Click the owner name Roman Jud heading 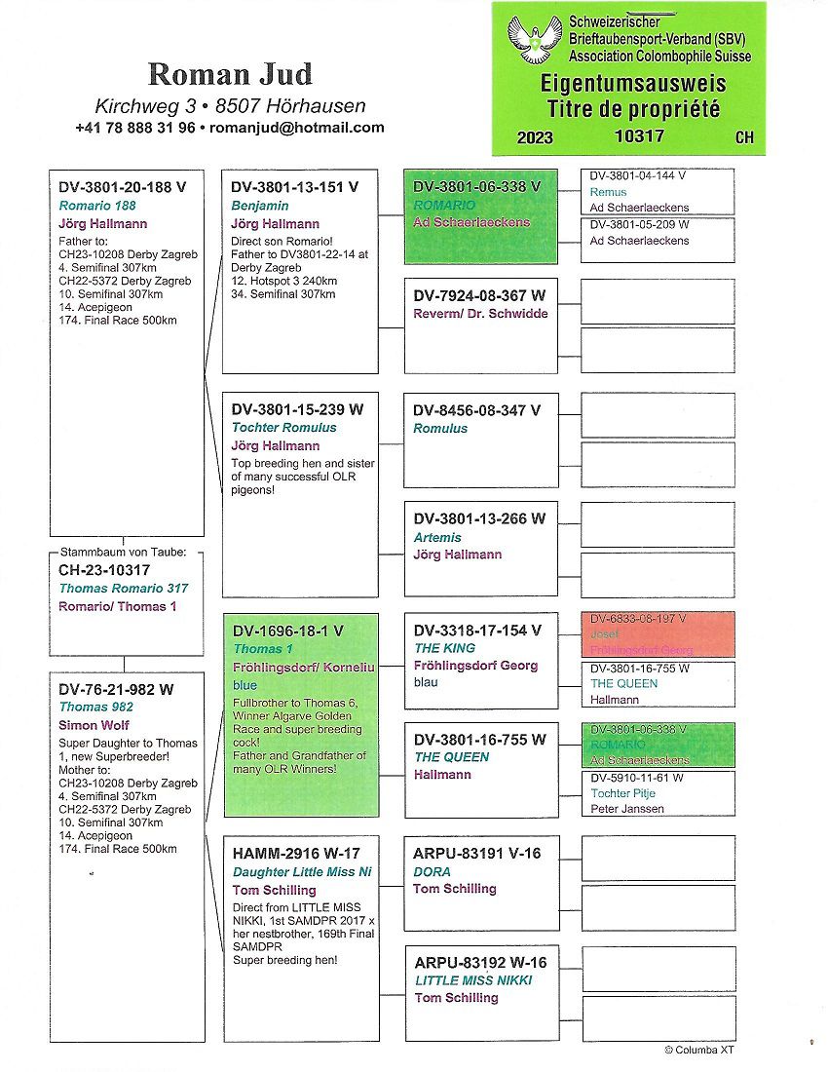click(x=230, y=75)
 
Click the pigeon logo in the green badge click(x=535, y=40)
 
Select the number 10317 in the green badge click(x=639, y=136)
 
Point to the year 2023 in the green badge click(x=535, y=137)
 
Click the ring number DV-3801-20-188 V click(x=122, y=186)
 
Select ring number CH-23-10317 click(x=104, y=570)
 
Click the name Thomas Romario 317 click(x=124, y=589)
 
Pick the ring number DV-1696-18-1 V click(x=287, y=631)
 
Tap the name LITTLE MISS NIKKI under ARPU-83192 click(x=473, y=980)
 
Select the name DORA click(x=432, y=871)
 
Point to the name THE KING click(x=444, y=648)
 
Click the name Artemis click(x=437, y=537)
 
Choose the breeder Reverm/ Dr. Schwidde click(x=480, y=313)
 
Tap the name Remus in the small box click(x=608, y=193)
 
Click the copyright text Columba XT click(x=698, y=1050)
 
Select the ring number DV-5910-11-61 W click(x=636, y=778)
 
